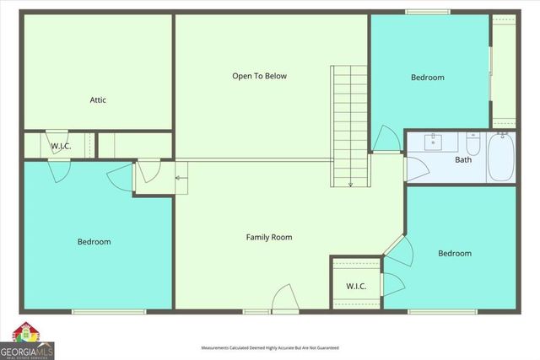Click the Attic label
click(98, 100)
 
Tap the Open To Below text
click(260, 76)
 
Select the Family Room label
click(269, 237)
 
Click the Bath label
click(463, 159)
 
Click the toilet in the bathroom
click(472, 145)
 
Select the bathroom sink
click(435, 142)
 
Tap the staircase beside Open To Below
click(350, 126)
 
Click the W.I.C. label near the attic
click(60, 147)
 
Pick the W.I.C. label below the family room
click(356, 286)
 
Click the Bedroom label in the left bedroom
click(94, 242)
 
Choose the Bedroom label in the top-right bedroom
click(427, 78)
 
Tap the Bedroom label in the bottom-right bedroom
click(455, 253)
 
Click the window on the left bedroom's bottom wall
click(97, 312)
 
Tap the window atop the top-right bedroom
click(427, 12)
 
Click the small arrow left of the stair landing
click(180, 177)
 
